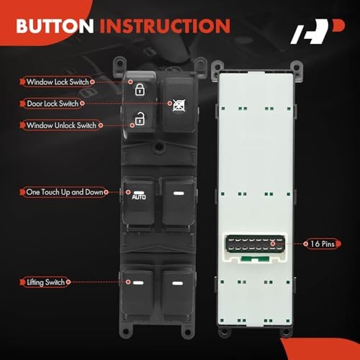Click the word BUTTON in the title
[55, 26]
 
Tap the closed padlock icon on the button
[139, 90]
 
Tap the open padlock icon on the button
[139, 117]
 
